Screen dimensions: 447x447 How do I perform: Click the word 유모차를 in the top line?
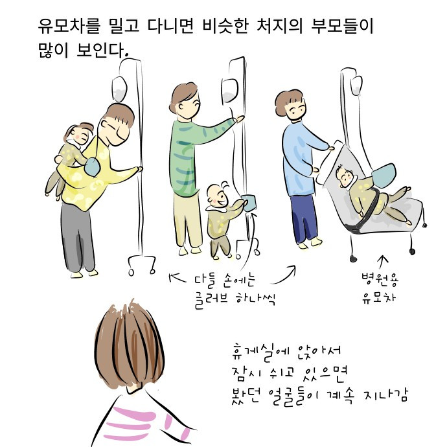coord(69,26)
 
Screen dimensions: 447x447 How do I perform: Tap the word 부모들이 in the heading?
coord(342,26)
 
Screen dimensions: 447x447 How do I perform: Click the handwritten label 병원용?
coord(380,280)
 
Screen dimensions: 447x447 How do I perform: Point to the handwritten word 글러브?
coord(211,300)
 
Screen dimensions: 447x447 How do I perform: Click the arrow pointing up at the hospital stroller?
coord(384,262)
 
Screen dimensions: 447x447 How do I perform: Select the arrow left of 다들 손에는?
coord(178,278)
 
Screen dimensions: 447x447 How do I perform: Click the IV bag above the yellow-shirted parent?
coord(119,89)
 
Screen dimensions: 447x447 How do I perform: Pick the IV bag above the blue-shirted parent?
coord(356,85)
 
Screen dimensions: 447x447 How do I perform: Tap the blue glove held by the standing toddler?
coord(249,203)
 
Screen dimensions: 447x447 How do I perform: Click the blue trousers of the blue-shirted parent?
coord(304,217)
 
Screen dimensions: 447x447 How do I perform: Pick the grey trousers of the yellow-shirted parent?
coord(77,237)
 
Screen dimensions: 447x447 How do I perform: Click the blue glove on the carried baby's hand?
coord(93,167)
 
